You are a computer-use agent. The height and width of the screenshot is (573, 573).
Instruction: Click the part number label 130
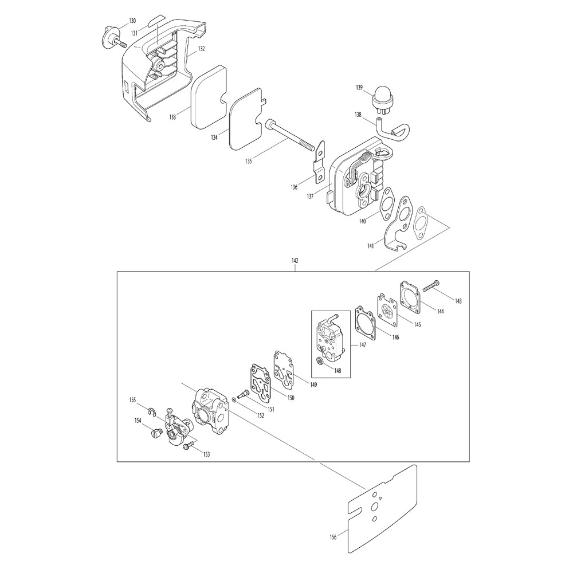[x=132, y=21]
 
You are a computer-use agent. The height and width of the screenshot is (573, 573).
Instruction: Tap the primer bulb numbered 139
[x=380, y=97]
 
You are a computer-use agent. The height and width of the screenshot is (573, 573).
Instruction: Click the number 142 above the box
[x=295, y=261]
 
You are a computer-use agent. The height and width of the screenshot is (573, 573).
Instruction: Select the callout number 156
[x=333, y=537]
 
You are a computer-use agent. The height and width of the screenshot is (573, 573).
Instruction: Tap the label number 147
[x=363, y=345]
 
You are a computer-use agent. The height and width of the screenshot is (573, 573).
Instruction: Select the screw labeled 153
[x=189, y=445]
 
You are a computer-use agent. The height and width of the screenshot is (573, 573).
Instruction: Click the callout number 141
[x=371, y=246]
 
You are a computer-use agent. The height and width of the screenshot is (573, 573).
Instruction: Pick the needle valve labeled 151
[x=242, y=394]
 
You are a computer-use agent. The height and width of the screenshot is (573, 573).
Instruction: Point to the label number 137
[x=310, y=196]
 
